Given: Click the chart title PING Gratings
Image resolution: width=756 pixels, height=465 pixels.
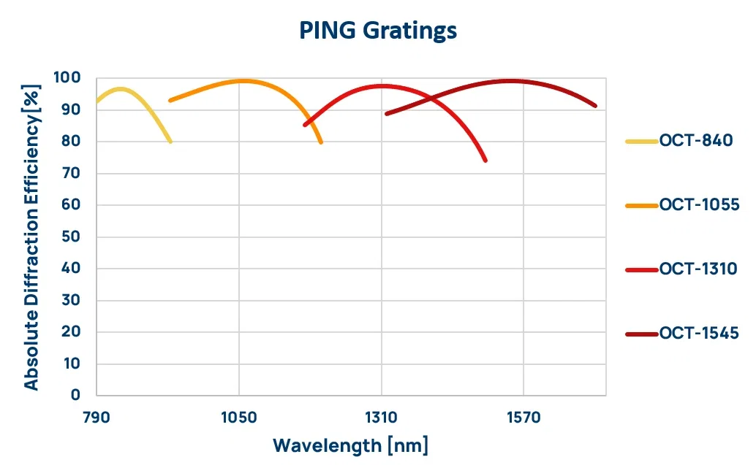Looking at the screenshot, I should click(378, 31).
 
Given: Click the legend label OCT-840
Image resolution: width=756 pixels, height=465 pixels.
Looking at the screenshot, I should click(695, 142).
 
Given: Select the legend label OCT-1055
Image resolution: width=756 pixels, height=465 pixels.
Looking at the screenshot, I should click(700, 205).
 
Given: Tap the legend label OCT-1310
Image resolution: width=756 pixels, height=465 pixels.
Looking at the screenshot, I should click(698, 269).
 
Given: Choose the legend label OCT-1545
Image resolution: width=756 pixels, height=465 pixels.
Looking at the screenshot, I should click(699, 334).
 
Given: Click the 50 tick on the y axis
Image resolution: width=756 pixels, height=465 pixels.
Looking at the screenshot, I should click(71, 237).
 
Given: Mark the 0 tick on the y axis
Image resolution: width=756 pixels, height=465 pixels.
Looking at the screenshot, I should click(75, 395).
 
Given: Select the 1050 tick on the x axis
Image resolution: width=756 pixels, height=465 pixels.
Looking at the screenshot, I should click(239, 418).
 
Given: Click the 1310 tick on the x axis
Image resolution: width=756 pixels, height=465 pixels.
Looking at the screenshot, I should click(381, 418).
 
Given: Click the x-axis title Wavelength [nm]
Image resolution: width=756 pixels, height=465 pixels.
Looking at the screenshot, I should click(351, 445).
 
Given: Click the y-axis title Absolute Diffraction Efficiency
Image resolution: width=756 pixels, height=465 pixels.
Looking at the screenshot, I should click(31, 237).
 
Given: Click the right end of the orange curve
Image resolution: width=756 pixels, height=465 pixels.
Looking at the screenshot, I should click(321, 142).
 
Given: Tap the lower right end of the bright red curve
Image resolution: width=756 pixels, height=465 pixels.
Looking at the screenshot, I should click(485, 161).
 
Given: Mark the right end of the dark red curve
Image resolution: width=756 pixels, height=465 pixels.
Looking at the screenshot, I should click(596, 106).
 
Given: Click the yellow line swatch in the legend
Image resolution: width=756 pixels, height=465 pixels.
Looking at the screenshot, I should click(642, 142).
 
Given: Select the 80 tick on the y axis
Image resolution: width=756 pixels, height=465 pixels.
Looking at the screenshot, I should click(71, 142).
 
